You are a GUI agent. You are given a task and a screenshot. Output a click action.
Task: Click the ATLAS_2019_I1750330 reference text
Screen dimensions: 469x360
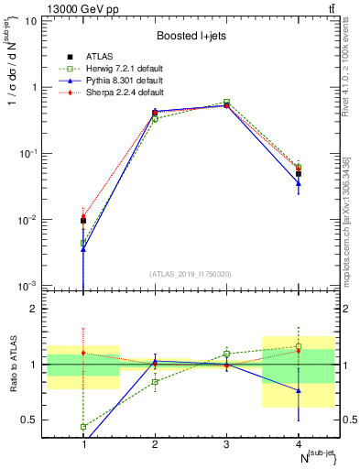click(x=191, y=274)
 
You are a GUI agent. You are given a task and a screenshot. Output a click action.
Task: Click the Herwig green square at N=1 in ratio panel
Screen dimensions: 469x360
click(x=83, y=427)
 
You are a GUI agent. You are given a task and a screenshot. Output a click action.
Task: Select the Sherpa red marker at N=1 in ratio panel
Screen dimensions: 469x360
click(x=83, y=353)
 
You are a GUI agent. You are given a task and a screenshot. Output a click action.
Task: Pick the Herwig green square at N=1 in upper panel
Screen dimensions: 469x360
click(x=83, y=243)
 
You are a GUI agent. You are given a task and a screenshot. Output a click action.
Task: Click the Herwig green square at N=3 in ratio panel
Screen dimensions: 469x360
click(x=226, y=354)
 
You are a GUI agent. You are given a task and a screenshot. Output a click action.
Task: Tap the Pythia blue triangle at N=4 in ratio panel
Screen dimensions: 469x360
click(x=298, y=390)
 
